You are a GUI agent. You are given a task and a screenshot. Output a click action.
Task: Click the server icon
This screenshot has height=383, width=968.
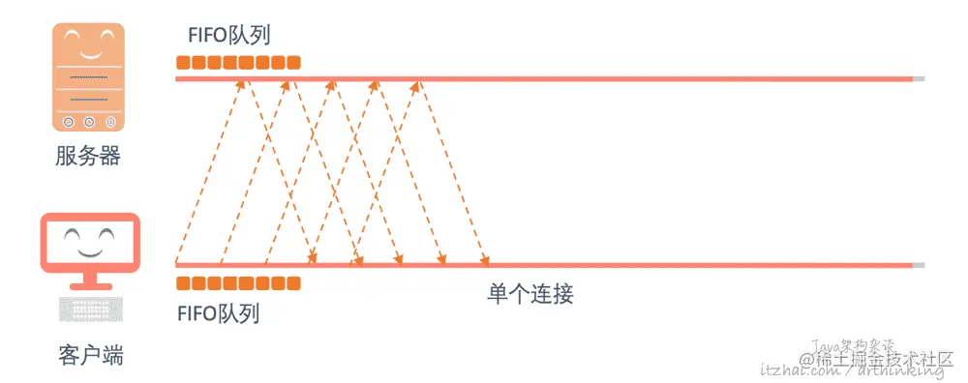tap(88, 77)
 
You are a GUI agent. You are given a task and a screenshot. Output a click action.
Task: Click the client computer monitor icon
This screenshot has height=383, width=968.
tap(90, 246)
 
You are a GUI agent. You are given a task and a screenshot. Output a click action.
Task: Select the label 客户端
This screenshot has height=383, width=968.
tap(90, 355)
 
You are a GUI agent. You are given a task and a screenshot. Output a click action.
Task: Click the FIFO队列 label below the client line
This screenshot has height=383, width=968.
tap(219, 313)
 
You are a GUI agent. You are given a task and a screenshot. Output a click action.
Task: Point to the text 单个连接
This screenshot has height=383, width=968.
tap(530, 294)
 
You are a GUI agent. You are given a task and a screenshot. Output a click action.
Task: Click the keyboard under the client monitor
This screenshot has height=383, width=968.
tap(90, 309)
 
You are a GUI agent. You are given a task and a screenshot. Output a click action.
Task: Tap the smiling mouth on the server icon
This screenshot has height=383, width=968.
tap(88, 51)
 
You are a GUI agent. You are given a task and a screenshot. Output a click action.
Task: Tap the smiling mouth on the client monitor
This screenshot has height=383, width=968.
tap(89, 250)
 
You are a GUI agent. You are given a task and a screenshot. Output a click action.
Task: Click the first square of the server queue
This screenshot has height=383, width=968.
tap(183, 64)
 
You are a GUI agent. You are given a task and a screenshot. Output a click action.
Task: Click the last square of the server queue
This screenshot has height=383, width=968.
tap(294, 64)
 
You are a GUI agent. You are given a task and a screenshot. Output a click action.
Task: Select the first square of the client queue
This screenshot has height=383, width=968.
tap(183, 283)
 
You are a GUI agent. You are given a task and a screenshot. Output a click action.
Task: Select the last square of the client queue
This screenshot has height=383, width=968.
tap(294, 283)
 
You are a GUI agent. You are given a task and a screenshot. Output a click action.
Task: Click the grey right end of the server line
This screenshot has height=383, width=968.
tap(919, 78)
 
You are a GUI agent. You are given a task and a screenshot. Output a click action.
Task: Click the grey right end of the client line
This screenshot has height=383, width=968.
tap(919, 264)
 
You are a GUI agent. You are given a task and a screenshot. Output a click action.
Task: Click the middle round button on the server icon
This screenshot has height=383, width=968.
tap(88, 122)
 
